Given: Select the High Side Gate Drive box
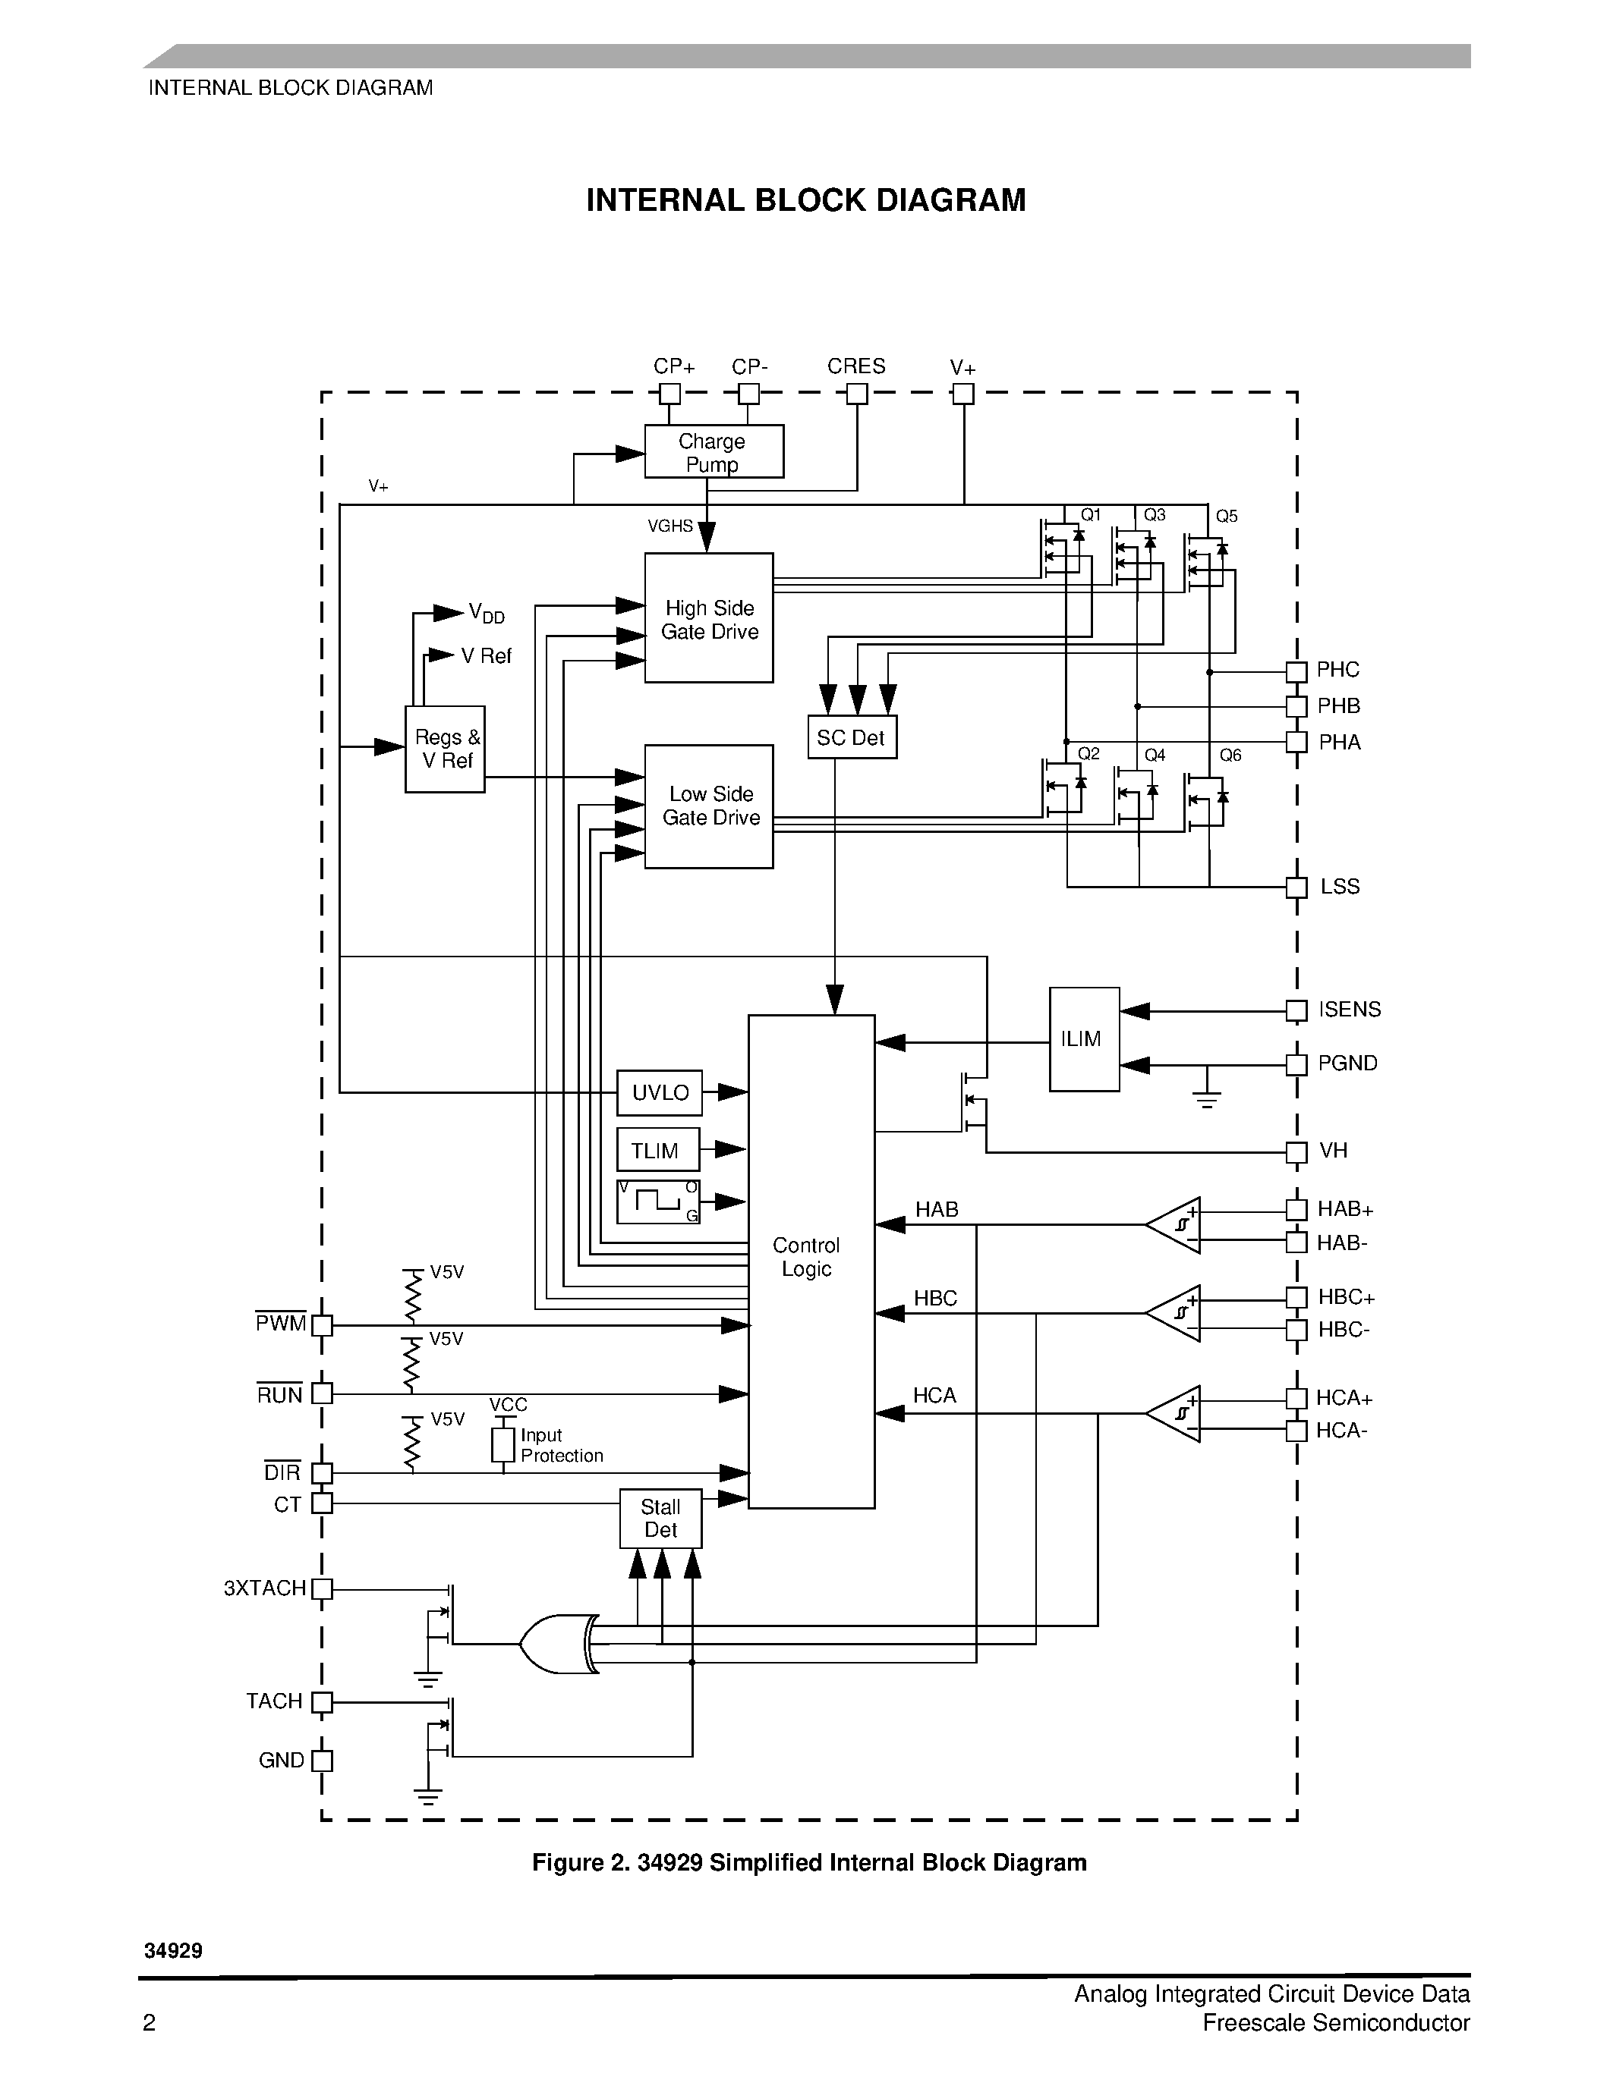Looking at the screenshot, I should [708, 618].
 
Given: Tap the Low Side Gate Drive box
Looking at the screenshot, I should [708, 806].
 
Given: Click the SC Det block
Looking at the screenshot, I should [852, 737].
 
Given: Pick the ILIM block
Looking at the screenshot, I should [1084, 1039].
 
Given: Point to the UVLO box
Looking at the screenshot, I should [660, 1092].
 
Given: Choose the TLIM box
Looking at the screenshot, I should [657, 1150].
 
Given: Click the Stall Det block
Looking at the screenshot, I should [660, 1518].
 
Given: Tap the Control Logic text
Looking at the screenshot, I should [805, 1257].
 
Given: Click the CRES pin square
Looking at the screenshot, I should [857, 394].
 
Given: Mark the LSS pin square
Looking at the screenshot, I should [1296, 887].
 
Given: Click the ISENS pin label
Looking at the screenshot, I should [1350, 1010].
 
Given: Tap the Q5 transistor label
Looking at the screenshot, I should [1226, 517].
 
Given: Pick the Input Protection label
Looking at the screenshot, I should [561, 1445].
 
